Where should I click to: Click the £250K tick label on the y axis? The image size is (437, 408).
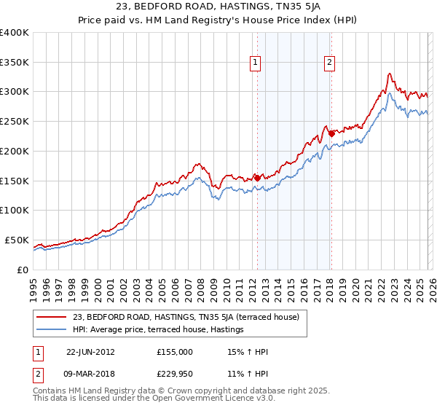(x=15, y=121)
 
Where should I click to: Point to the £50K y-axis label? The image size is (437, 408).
(x=17, y=240)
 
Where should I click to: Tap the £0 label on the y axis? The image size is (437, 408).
(x=22, y=270)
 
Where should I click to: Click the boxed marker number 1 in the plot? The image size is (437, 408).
(x=256, y=63)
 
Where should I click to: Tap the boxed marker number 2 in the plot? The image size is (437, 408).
(x=330, y=63)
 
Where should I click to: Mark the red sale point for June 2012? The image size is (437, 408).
(x=257, y=177)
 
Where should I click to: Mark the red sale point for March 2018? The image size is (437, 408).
(x=331, y=133)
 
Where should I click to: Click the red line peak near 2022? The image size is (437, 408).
(x=390, y=74)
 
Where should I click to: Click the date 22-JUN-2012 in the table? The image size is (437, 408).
(x=90, y=352)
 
